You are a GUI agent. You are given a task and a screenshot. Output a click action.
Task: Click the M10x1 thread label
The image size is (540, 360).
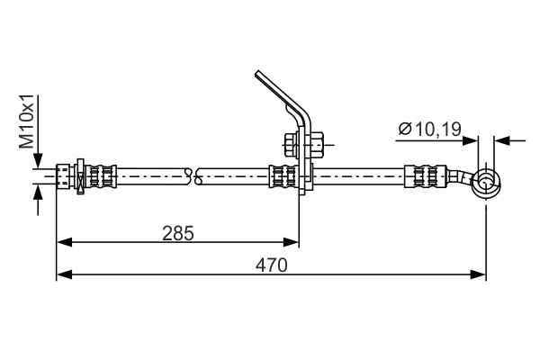coord(26,121)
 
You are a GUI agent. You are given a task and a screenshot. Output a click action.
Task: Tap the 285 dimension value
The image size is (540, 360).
coord(178,233)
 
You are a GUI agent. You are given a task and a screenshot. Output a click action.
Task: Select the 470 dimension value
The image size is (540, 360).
coord(271,265)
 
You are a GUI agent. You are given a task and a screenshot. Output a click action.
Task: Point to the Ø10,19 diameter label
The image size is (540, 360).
coord(429,130)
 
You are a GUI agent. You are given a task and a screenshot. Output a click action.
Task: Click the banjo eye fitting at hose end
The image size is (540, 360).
coord(486,184)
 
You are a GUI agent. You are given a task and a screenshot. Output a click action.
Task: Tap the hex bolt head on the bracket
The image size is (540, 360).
coord(292,145)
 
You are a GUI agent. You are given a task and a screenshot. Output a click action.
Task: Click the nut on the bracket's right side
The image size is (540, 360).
coord(317,145)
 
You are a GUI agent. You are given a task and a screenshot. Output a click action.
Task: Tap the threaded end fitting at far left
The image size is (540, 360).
coord(62,176)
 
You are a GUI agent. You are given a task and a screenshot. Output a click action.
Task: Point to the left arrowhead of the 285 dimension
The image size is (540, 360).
coord(65,242)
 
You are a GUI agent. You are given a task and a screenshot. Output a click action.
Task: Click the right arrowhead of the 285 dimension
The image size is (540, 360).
coord(291,242)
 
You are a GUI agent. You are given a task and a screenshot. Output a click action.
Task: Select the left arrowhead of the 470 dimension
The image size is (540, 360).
coord(65,274)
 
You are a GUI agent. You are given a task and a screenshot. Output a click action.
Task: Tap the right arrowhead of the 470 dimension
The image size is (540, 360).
coord(478,274)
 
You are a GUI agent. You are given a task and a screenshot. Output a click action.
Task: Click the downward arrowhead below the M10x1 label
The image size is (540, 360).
coord(38,160)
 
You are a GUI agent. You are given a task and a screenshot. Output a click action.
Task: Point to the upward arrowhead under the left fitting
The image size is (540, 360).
coord(38,192)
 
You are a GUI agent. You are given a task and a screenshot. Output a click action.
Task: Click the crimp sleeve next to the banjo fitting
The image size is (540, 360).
coord(426,176)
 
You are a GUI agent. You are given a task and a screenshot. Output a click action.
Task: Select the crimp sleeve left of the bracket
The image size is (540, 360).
coord(283,176)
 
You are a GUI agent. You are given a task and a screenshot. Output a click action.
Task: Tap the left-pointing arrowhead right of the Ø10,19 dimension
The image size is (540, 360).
coord(502,140)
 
